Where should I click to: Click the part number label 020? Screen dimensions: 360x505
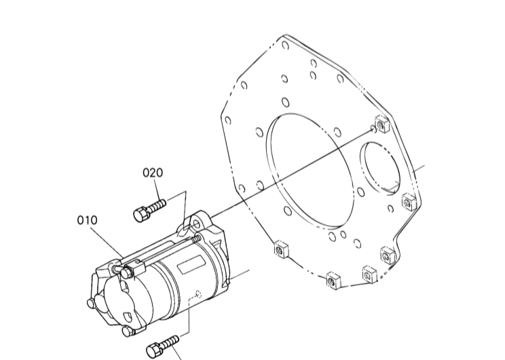coord(153,173)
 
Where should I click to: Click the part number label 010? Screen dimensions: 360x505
coord(87,220)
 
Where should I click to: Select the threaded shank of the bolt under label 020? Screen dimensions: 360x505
coord(157,204)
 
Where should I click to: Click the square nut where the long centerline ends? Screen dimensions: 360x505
coord(381,125)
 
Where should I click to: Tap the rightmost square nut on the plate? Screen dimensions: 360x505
coord(408,201)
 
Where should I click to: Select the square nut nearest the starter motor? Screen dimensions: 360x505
coord(279,249)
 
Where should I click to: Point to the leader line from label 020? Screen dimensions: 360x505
coord(175,194)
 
